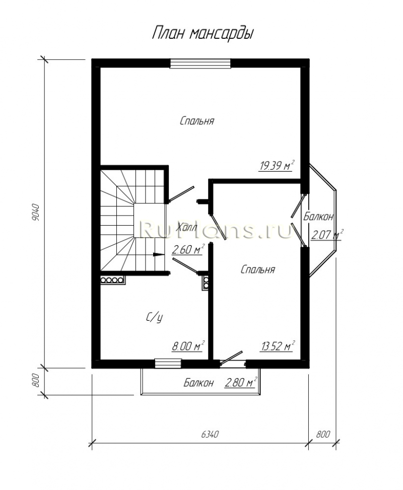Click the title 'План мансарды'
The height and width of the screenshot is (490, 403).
click(203, 33)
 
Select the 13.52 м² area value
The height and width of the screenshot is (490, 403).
click(278, 346)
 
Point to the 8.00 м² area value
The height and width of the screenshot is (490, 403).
click(188, 346)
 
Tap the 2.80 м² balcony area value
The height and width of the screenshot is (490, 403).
click(241, 382)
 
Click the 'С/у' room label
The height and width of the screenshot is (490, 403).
click(155, 318)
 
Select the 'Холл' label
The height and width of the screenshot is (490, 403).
click(187, 227)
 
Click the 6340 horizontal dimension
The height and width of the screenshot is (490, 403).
click(210, 434)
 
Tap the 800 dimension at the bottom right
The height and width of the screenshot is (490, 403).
click(323, 434)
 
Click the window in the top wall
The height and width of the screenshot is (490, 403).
click(200, 63)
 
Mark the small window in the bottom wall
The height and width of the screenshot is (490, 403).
click(168, 364)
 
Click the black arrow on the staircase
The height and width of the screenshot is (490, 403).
click(159, 255)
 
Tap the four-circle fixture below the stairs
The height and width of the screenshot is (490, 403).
click(112, 280)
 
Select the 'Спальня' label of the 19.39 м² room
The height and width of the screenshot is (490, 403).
click(197, 121)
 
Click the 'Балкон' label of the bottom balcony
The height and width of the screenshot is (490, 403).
click(199, 383)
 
